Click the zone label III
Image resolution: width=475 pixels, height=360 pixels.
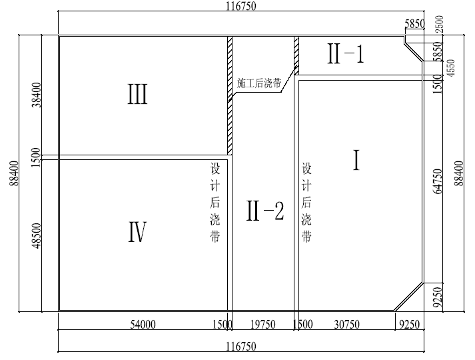pos(137,94)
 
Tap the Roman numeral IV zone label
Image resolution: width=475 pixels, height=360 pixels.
pos(137,232)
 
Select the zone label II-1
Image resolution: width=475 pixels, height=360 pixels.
pos(345,53)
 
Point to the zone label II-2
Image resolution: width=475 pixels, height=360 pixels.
pos(265,211)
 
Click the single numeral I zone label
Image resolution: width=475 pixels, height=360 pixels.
pos(356,160)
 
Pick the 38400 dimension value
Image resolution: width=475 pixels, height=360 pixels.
pos(37,95)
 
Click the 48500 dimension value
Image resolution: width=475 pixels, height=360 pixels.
pos(37,235)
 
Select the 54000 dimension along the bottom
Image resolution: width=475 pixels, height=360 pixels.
pos(143,325)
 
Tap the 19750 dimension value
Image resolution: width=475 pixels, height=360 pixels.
pos(263,325)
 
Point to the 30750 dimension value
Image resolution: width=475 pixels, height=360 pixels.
pos(347,325)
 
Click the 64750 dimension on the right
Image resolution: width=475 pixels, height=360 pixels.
pos(438,181)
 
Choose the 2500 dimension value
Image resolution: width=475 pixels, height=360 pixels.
pos(439,24)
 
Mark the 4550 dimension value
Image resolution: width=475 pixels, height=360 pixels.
pos(451,68)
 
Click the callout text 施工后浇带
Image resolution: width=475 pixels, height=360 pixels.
pos(259,83)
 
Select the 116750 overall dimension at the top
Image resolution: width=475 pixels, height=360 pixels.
pos(241,6)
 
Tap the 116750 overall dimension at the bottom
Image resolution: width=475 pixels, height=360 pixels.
pos(241,346)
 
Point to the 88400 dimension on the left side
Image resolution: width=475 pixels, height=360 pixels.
pos(14,173)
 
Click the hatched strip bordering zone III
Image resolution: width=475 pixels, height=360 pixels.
pos(230,96)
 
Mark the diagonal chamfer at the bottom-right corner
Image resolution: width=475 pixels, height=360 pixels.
pos(409,297)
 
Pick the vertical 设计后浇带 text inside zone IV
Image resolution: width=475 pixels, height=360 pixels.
pos(215,203)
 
